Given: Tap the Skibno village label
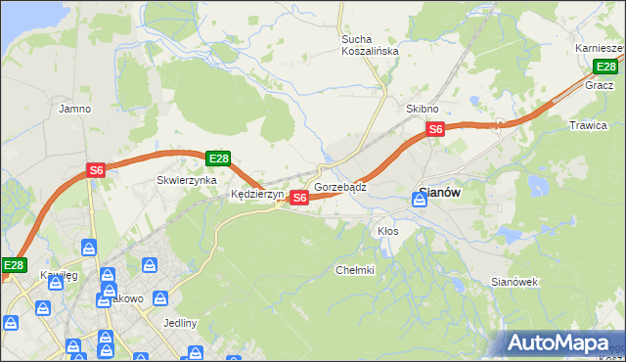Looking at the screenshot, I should (x=423, y=109).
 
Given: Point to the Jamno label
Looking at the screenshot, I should (x=75, y=109).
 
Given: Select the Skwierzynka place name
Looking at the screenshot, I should (x=181, y=181).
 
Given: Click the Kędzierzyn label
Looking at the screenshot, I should (x=256, y=195).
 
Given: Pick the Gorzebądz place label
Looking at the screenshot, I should (x=340, y=186).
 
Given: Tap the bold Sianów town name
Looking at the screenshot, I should (x=439, y=193).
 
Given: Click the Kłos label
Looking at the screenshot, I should (x=388, y=231).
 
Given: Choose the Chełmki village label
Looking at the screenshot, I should (x=355, y=270).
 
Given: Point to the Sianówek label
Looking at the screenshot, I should (x=514, y=282).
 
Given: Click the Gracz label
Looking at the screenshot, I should (x=599, y=85).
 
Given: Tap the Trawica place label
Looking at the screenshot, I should (x=589, y=125).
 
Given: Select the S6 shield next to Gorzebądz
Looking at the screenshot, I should (x=299, y=198).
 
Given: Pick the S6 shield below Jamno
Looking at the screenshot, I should (x=96, y=170).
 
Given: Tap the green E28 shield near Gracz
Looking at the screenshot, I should (x=606, y=67).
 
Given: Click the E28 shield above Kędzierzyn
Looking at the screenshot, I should (x=218, y=158).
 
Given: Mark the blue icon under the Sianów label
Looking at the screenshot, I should (x=420, y=200).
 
